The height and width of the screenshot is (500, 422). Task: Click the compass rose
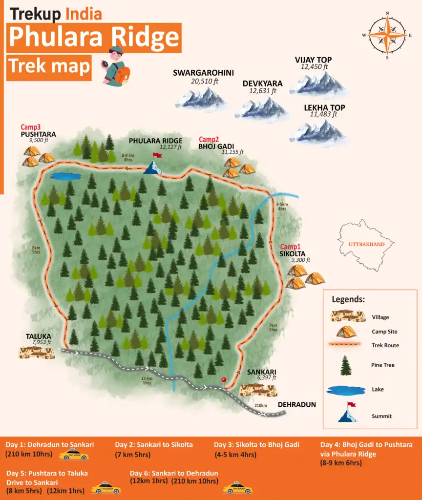point(387,35)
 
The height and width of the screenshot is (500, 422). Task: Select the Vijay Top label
point(313,60)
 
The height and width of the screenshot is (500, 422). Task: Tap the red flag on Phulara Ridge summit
point(157,155)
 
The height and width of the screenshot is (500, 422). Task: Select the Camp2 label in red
point(209,139)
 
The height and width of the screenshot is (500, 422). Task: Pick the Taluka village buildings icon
point(37,353)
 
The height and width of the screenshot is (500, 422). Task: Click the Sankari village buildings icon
point(258,390)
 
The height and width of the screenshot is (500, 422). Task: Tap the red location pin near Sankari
point(224,380)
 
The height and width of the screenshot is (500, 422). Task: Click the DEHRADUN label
point(297,405)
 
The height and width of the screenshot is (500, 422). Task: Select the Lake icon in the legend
point(346,390)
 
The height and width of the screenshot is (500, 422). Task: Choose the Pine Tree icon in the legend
point(346,365)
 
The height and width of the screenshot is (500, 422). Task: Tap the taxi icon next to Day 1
point(74,456)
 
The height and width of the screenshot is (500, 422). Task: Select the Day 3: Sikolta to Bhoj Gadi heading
point(256,445)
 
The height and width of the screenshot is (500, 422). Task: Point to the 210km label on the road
point(260,405)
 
